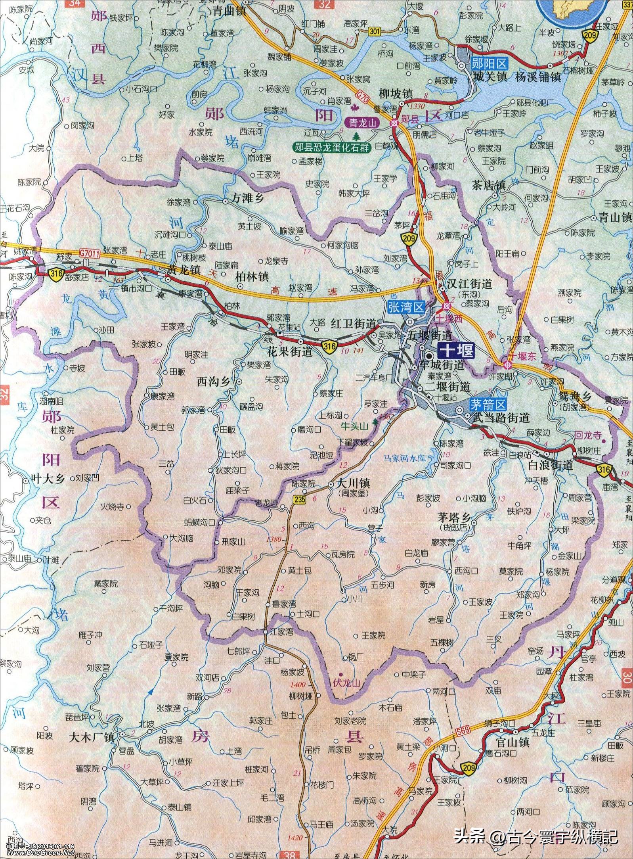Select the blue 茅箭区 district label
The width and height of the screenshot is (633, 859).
click(x=488, y=405)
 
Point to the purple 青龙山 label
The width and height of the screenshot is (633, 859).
click(x=362, y=123)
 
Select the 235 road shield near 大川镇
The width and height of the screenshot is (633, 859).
click(x=300, y=500)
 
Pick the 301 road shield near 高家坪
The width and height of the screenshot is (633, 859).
click(x=374, y=31)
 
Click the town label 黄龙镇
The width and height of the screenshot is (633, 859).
click(x=184, y=270)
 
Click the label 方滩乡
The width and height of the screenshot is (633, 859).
click(x=248, y=198)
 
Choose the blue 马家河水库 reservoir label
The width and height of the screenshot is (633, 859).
click(x=404, y=458)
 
